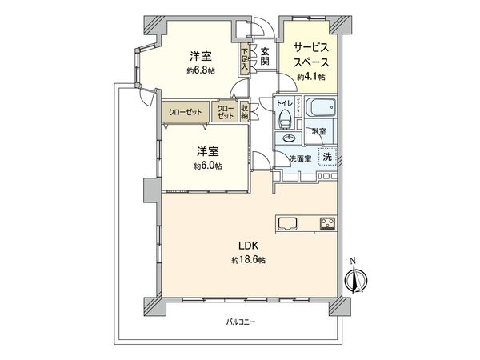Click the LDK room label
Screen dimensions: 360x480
pos(245,247)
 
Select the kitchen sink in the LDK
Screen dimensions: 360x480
pos(288,222)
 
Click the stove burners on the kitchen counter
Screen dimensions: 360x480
pos(328,223)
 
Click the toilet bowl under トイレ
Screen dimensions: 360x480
pos(286,119)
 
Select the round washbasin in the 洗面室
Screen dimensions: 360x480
pos(286,138)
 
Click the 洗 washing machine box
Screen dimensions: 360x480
pos(326,157)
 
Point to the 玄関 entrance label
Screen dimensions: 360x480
pos(264,57)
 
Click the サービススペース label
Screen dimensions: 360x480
pos(310,54)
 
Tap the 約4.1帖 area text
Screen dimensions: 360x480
pos(310,77)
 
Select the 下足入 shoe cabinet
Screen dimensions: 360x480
pos(244,59)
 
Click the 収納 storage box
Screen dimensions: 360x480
pos(244,112)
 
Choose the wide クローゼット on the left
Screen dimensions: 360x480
pos(185,113)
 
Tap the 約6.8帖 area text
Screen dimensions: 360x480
pos(200,70)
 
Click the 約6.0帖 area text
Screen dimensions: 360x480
pos(207,166)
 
